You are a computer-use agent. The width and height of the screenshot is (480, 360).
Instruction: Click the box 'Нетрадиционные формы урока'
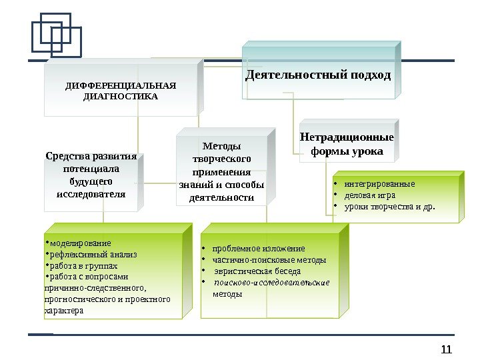[x=347, y=145]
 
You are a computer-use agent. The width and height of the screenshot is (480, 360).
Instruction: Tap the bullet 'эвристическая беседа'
[x=257, y=271]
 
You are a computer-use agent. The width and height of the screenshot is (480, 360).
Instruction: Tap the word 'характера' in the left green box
[x=65, y=311]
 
